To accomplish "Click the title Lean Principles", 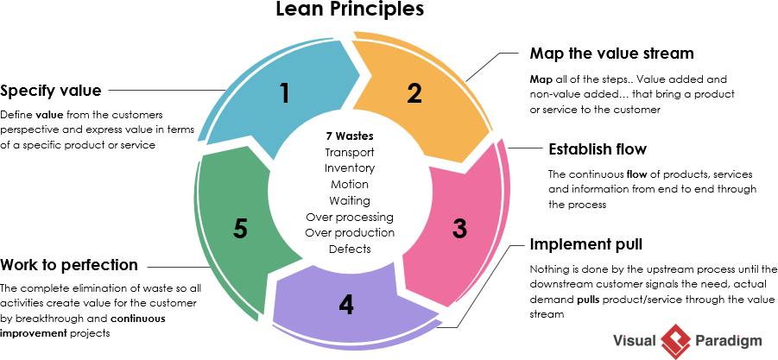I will (350, 10).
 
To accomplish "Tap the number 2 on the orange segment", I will (415, 93).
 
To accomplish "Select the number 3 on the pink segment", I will (460, 229).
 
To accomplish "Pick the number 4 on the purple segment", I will (346, 305).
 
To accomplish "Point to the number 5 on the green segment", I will (241, 229).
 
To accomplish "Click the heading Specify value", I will (51, 91).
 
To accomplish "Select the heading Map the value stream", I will (611, 54).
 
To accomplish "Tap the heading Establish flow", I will (598, 149).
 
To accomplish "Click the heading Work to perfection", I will (69, 264).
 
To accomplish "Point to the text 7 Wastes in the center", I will (349, 136).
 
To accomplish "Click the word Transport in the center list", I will (349, 153).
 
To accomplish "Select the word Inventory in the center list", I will (349, 168).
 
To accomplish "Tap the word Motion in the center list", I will (349, 185).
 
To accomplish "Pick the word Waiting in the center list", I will (349, 200).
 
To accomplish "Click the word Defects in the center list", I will (349, 249).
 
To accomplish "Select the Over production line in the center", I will (349, 233).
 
